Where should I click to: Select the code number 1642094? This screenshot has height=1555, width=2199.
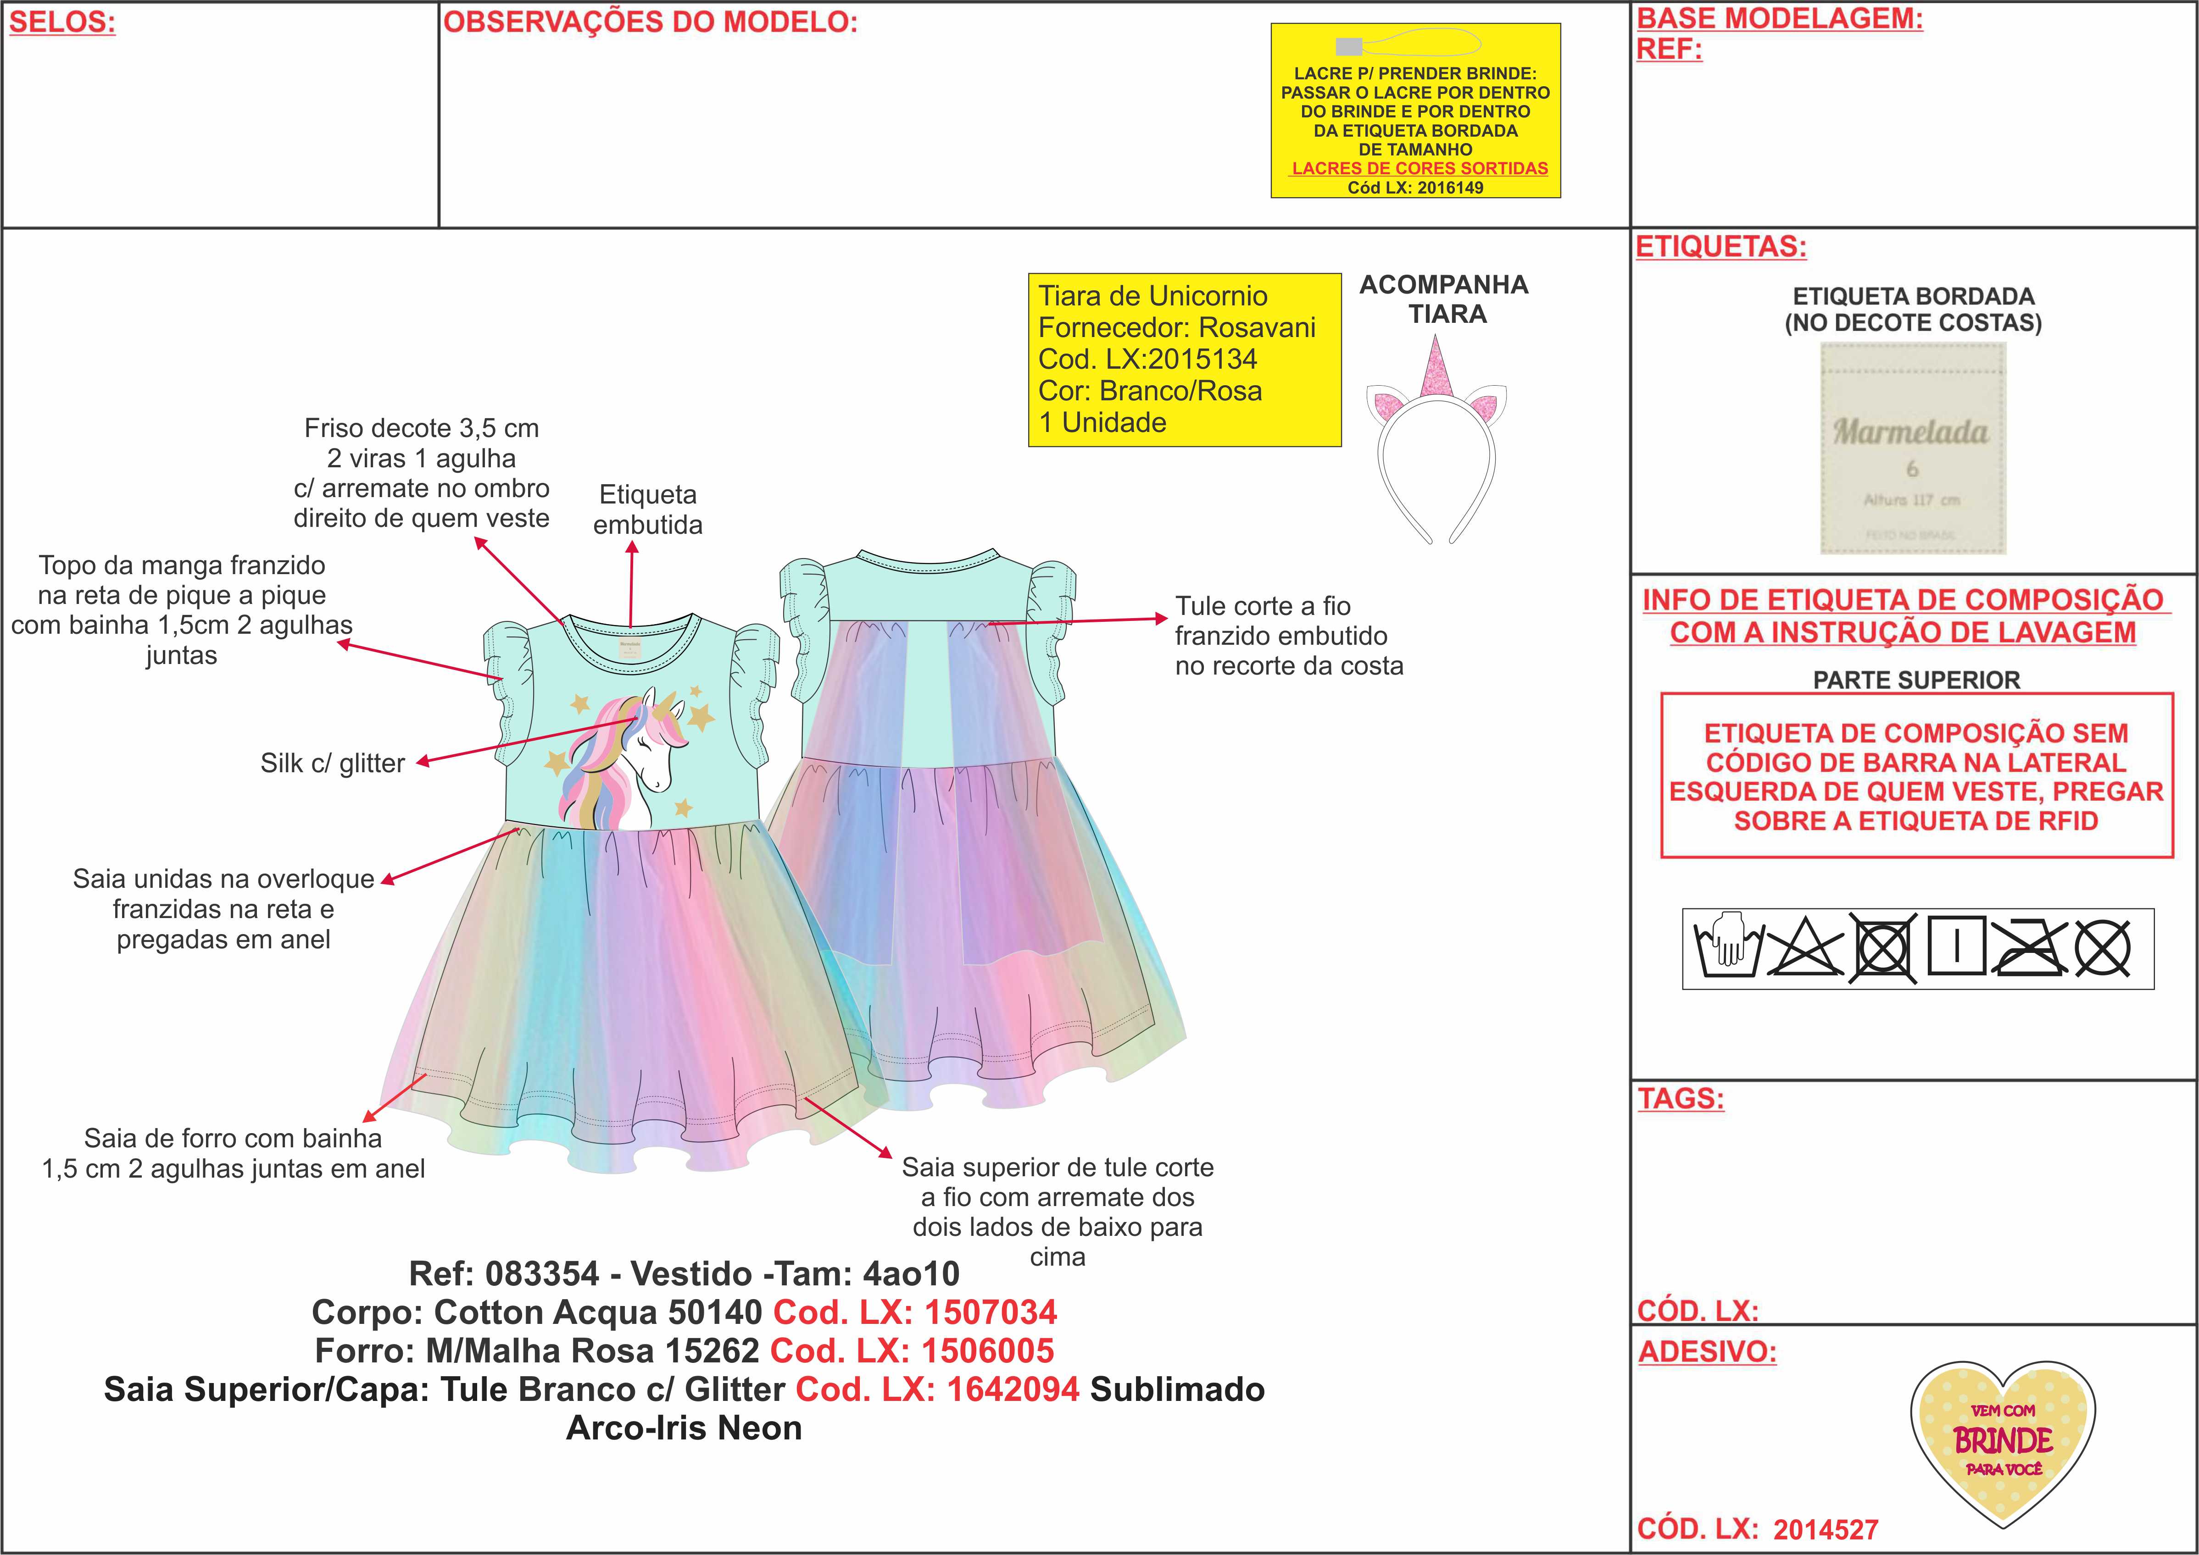pyautogui.click(x=1013, y=1389)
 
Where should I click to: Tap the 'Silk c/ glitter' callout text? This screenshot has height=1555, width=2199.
pyautogui.click(x=332, y=763)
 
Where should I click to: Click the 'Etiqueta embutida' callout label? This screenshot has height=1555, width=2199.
pyautogui.click(x=647, y=509)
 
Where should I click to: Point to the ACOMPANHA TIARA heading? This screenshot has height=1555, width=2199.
pyautogui.click(x=1444, y=299)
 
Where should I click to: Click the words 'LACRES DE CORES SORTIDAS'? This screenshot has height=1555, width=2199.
pyautogui.click(x=1420, y=168)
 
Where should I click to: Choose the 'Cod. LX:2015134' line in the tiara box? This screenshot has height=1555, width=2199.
pyautogui.click(x=1147, y=359)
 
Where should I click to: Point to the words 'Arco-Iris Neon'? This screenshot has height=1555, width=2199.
pyautogui.click(x=684, y=1428)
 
